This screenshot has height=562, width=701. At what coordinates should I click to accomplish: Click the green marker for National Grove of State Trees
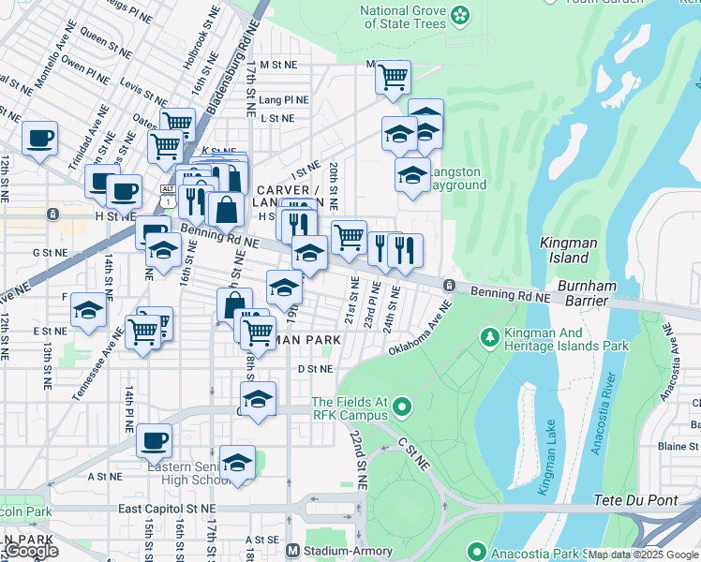click(x=459, y=14)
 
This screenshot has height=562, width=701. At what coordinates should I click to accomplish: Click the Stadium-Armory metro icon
click(x=293, y=551)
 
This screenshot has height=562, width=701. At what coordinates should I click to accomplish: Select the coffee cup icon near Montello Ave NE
click(x=39, y=139)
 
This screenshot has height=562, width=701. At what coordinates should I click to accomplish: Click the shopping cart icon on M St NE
click(x=393, y=76)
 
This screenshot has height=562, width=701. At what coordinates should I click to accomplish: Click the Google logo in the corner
click(x=31, y=552)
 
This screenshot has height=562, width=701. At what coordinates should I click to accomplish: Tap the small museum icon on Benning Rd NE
click(x=450, y=285)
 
